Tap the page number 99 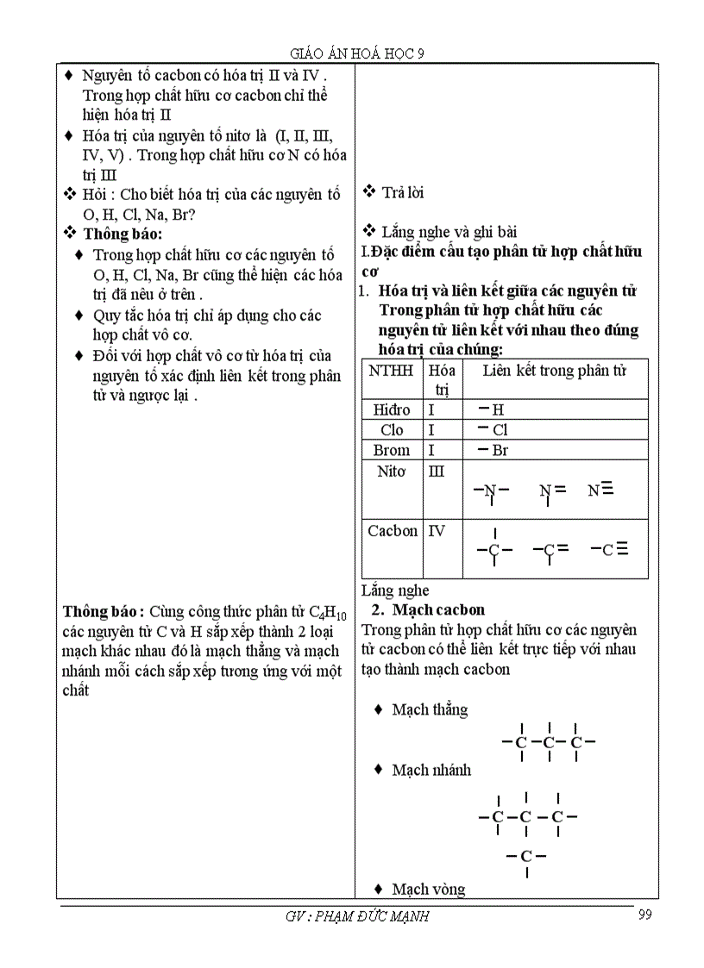click(644, 915)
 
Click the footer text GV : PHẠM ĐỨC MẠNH click(356, 916)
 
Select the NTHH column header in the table click(391, 371)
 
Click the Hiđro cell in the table click(391, 409)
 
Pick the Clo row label click(392, 429)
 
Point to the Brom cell click(392, 450)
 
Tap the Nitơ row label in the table click(392, 472)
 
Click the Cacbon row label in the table click(393, 531)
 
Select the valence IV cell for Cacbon click(437, 531)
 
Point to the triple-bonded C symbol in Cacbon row click(609, 549)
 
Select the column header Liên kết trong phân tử click(554, 371)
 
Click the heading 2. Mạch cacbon click(429, 609)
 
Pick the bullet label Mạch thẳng click(429, 709)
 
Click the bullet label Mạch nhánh click(431, 770)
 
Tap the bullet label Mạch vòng click(428, 889)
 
